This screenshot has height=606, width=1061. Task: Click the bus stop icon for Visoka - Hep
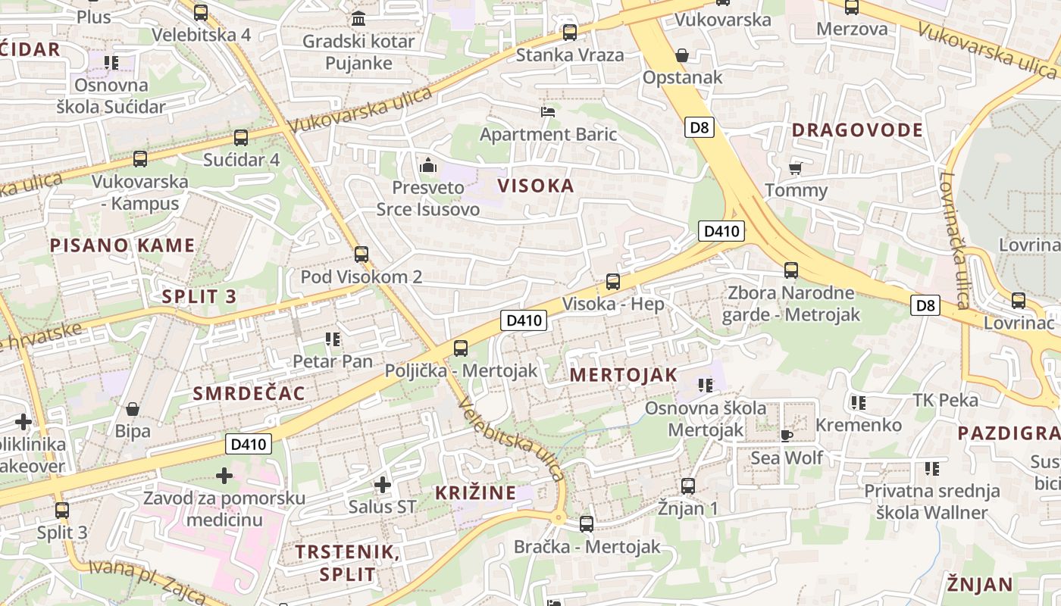(613, 282)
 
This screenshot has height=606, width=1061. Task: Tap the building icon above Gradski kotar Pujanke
(358, 18)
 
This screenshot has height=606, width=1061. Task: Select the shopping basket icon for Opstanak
(682, 55)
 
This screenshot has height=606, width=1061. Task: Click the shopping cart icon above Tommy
(795, 167)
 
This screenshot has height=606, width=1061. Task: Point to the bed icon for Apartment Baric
(548, 112)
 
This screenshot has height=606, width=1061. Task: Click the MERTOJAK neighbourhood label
(623, 375)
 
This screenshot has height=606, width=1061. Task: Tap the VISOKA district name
(536, 186)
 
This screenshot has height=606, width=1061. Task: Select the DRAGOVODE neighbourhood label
(858, 130)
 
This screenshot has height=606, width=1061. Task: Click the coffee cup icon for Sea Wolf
(787, 436)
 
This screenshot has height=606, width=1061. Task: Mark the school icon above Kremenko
(858, 402)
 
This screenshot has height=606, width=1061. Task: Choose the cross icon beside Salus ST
(383, 484)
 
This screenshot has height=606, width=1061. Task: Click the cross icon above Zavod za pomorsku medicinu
(224, 476)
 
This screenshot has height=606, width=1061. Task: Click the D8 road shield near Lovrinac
(925, 305)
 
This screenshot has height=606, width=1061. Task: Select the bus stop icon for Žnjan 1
(688, 486)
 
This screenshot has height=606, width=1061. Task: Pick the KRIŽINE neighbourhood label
(475, 493)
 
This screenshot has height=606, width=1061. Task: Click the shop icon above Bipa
(133, 409)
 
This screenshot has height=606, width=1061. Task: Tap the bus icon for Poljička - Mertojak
(461, 348)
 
